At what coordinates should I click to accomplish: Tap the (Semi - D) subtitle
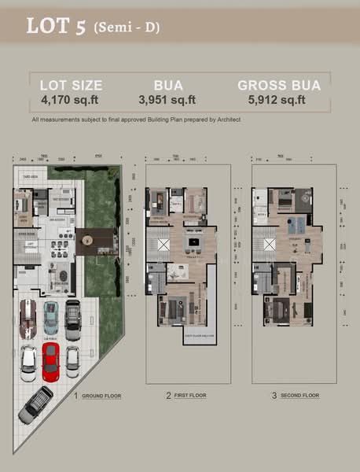pos(125,28)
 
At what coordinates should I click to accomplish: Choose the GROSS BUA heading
pos(277,85)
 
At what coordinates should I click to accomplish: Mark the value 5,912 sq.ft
pos(277,101)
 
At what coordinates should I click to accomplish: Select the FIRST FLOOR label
pos(190,396)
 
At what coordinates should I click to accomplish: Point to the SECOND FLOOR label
pos(299,396)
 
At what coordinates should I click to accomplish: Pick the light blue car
pos(50,316)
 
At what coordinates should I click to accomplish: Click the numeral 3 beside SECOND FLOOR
pos(274,396)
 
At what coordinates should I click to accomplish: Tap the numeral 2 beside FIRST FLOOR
pos(167,396)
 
